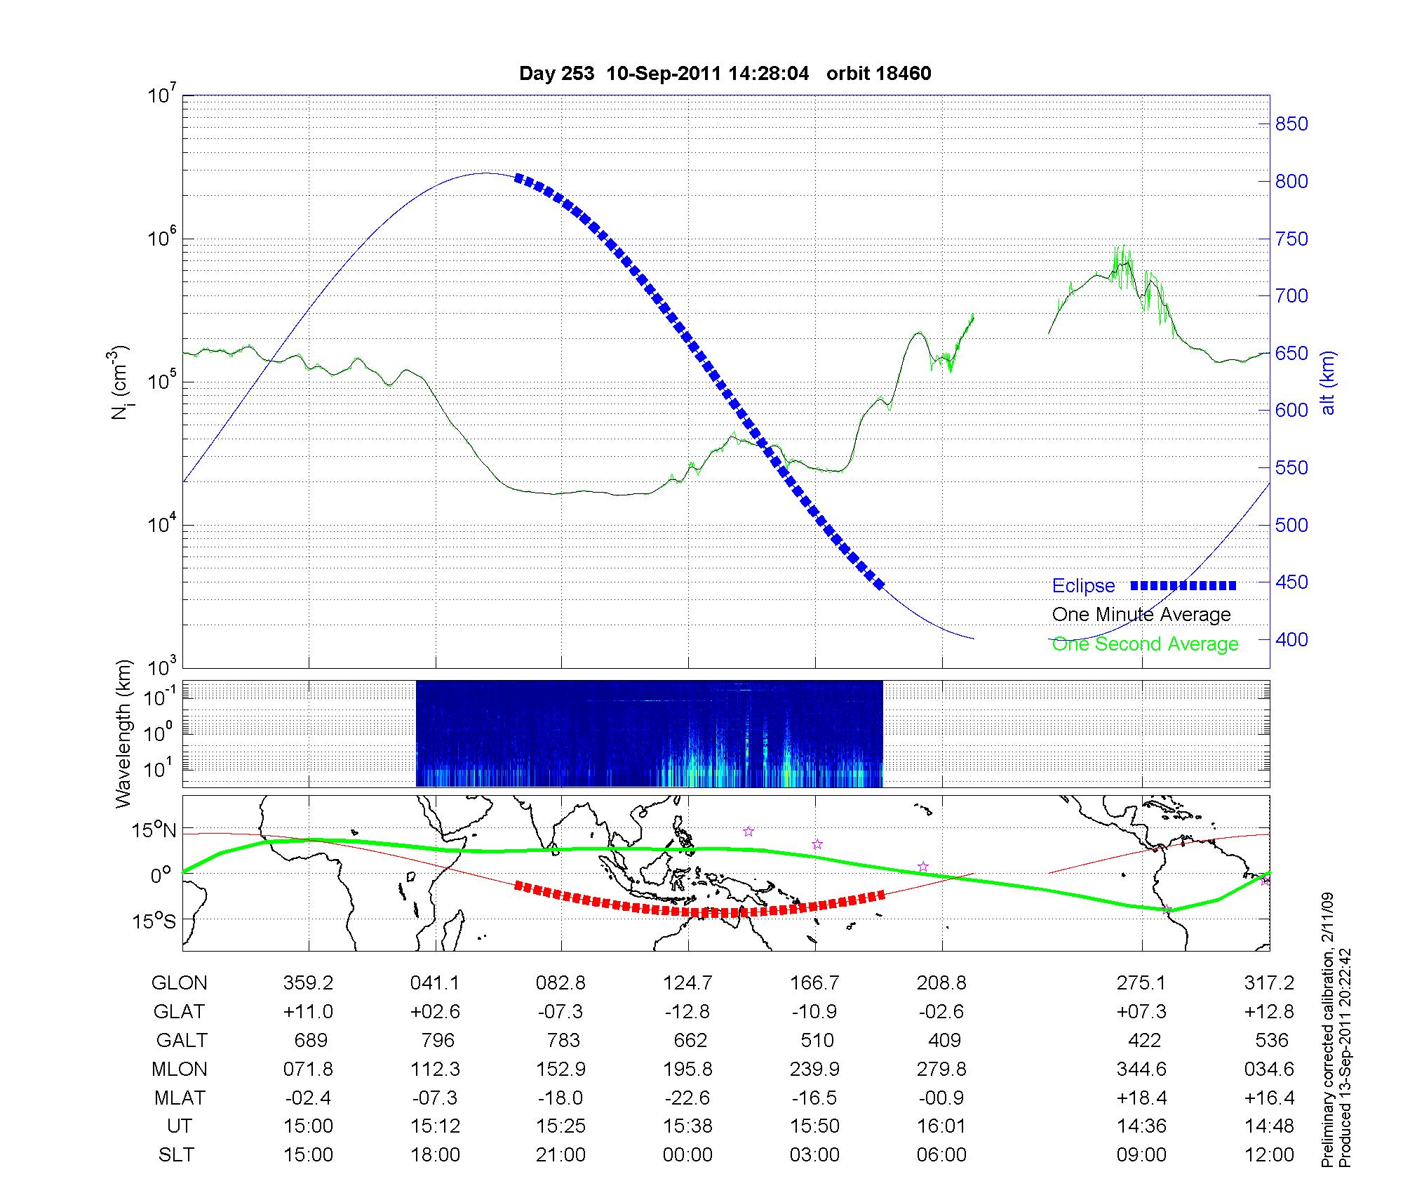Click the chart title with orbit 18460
tap(725, 74)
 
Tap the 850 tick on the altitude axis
tap(1291, 124)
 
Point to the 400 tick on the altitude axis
tap(1291, 639)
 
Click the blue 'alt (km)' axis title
tap(1327, 382)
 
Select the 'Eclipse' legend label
tap(1083, 586)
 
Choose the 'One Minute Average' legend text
tap(1141, 615)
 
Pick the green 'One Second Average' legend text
tap(1145, 644)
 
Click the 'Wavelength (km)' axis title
tap(123, 733)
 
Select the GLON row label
tap(179, 983)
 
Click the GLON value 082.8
tap(560, 983)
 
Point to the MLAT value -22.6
tap(687, 1098)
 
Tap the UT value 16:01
tap(941, 1126)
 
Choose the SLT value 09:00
tap(1141, 1155)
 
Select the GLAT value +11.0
tap(308, 1012)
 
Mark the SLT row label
tap(176, 1155)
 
